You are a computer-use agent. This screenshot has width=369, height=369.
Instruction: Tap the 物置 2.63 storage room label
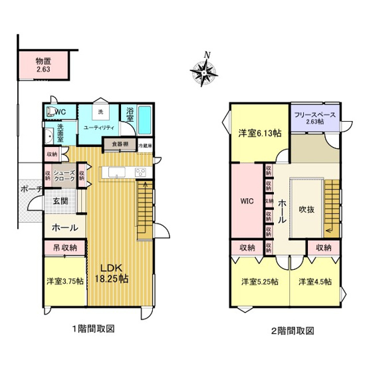(44, 64)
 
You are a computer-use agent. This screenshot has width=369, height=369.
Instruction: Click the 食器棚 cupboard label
(120, 144)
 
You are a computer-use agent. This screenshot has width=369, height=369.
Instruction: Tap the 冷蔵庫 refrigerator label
(146, 145)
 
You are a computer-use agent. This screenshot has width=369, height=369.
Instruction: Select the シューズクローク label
(64, 176)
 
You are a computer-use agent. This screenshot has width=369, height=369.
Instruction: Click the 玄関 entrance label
(61, 201)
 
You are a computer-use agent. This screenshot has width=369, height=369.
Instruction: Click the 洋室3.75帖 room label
(65, 281)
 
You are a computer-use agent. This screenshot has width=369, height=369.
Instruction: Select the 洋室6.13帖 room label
(260, 133)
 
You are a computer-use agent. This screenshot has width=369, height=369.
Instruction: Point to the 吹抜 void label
(306, 208)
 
